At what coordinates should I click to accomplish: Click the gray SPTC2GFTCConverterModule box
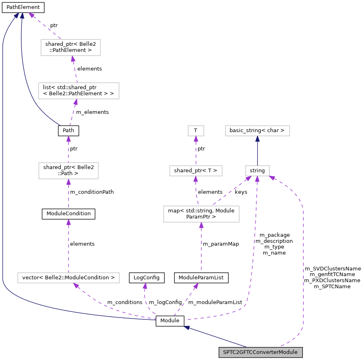pos(260,352)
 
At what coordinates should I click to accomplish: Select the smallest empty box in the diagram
pos(196,131)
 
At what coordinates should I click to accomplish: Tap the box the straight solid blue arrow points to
pos(257,131)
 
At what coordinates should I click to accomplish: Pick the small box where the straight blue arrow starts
pos(257,171)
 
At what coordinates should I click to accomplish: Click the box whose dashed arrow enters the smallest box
pos(196,171)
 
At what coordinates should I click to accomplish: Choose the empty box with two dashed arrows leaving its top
pos(201,214)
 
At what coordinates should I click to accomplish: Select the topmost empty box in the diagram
pos(70,47)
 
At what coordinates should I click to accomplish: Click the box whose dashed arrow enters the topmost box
pos(79,91)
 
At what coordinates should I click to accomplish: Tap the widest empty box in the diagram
pos(68,278)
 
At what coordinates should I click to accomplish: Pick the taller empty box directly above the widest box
pos(68,171)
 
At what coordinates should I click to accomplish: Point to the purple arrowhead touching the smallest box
pos(196,139)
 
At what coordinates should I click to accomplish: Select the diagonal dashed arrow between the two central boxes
pos(231,191)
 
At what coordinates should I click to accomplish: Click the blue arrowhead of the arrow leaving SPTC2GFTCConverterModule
pos(187,327)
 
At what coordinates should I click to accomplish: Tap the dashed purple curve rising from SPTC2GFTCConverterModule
pos(303,264)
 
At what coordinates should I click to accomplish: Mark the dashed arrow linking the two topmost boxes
pos(75,69)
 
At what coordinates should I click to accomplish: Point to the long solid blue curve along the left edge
pos(3,162)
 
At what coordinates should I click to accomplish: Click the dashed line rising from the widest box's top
pos(68,247)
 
